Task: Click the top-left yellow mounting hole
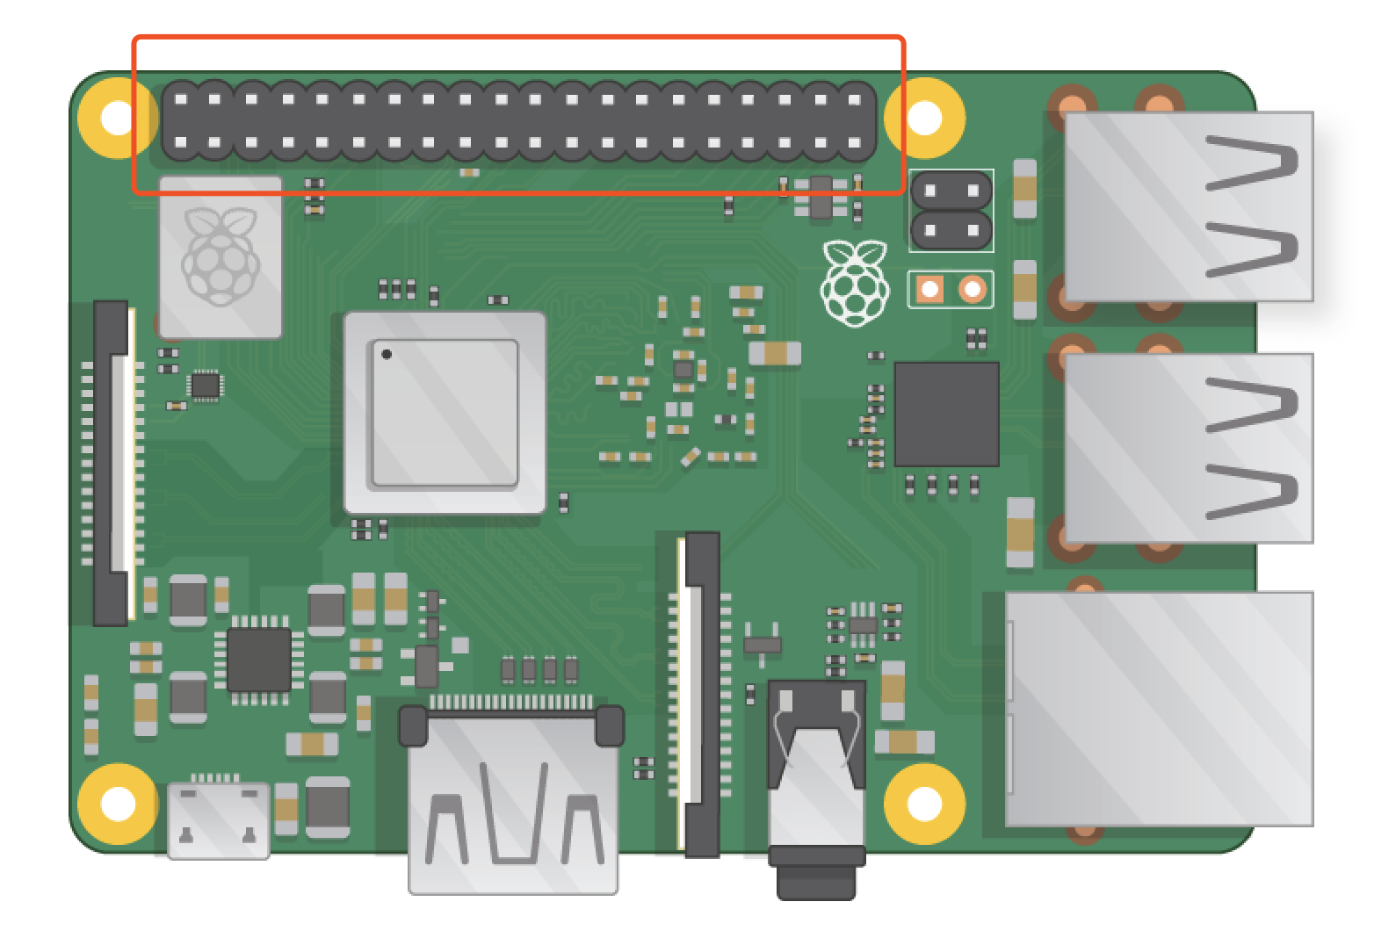click(x=118, y=117)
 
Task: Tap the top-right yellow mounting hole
click(x=924, y=117)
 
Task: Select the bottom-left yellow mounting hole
click(x=118, y=803)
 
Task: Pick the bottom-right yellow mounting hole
click(x=924, y=803)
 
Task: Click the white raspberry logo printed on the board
click(x=854, y=282)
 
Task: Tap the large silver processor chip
click(x=445, y=412)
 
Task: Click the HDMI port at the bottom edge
click(x=513, y=799)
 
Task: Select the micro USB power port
click(x=218, y=819)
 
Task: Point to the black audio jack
click(x=816, y=790)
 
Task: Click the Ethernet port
click(x=1158, y=708)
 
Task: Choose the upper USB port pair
click(x=1188, y=206)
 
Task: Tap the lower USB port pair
click(x=1188, y=448)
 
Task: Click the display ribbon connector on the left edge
click(x=113, y=463)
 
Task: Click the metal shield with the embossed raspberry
click(x=221, y=256)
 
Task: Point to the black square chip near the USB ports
click(x=946, y=414)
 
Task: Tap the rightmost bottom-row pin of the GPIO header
click(x=854, y=142)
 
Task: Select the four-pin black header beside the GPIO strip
click(x=951, y=210)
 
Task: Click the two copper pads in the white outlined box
click(x=951, y=289)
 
